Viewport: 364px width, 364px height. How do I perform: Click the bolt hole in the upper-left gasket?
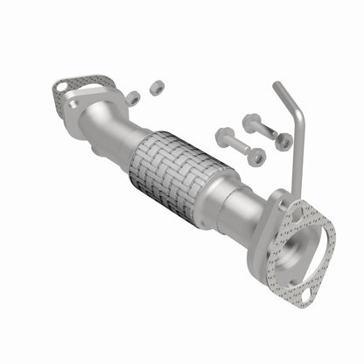60,87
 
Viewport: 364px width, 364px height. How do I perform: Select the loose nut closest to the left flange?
133,98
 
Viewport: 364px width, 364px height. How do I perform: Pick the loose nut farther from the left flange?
157,87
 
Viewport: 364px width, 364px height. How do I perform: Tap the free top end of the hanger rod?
276,85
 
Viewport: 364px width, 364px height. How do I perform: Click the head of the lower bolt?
223,138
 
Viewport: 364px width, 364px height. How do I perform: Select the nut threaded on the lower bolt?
256,157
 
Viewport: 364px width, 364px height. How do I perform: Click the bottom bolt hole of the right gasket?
303,297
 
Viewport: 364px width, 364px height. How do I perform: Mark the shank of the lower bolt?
240,148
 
